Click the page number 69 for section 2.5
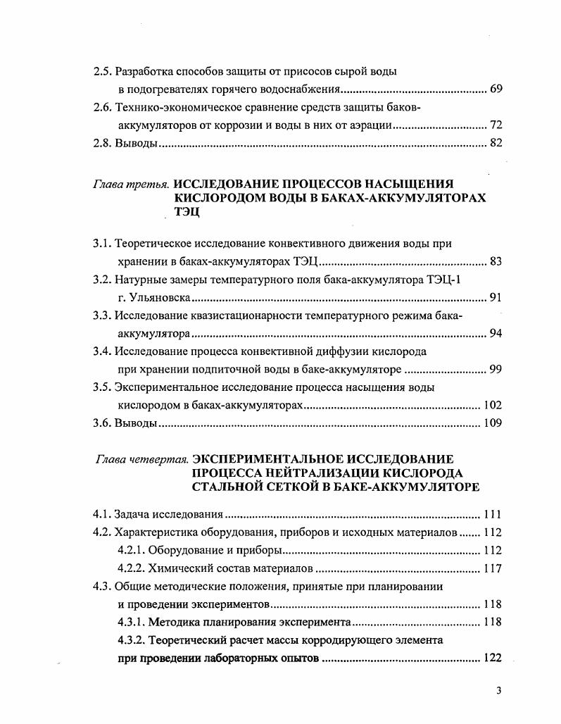(496, 90)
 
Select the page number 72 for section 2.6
(496, 125)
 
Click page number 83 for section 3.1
(496, 262)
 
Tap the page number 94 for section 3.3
(496, 334)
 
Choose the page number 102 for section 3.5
(493, 406)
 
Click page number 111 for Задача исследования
(493, 513)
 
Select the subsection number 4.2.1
(131, 550)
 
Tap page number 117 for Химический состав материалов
(493, 568)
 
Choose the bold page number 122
(493, 659)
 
